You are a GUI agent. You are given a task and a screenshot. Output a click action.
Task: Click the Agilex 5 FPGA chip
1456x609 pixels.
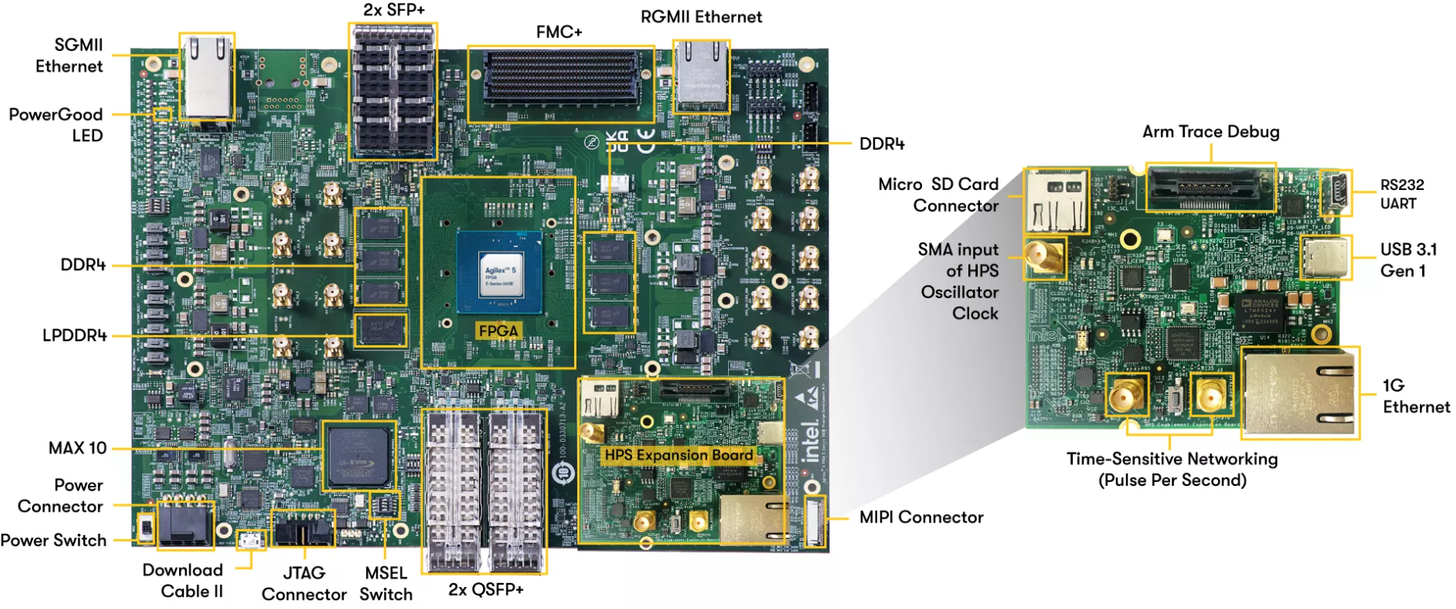(499, 272)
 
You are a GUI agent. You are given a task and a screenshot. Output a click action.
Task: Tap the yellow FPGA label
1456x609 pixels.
(498, 331)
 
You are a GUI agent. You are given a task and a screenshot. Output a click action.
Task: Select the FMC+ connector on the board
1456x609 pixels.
(560, 78)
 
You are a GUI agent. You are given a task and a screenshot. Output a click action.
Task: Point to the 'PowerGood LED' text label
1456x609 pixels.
(56, 125)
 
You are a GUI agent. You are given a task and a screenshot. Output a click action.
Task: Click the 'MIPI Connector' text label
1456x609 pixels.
(921, 517)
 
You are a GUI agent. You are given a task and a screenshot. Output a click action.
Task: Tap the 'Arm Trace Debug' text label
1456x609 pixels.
(1210, 132)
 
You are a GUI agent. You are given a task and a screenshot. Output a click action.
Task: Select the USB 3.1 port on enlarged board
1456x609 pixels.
(1326, 257)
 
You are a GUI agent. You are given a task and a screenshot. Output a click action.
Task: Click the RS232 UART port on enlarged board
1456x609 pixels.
(1335, 193)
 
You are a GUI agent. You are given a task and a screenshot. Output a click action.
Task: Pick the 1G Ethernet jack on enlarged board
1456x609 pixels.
(1298, 392)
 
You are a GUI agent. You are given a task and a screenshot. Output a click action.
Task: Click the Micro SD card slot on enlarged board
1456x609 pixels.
(1056, 200)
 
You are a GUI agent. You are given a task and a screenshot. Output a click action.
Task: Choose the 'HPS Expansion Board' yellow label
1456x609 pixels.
(679, 455)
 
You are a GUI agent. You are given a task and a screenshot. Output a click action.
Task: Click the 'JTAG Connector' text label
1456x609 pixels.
(304, 584)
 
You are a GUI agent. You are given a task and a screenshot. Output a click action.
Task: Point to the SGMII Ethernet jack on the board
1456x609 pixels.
(207, 77)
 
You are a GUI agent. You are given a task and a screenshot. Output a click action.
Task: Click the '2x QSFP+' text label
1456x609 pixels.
(485, 589)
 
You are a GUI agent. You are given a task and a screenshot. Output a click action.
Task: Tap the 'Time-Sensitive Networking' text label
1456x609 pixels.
(1172, 459)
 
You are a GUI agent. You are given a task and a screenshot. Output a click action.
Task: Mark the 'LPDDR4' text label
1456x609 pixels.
(75, 336)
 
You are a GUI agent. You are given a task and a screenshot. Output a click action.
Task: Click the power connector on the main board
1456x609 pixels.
(185, 523)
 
